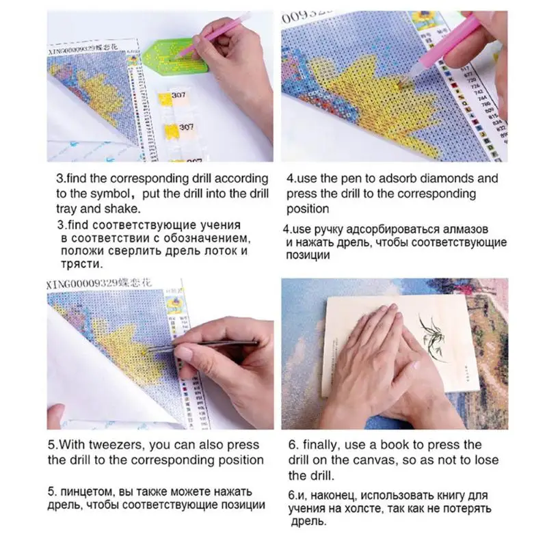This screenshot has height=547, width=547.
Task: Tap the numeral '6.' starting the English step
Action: click(x=292, y=445)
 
